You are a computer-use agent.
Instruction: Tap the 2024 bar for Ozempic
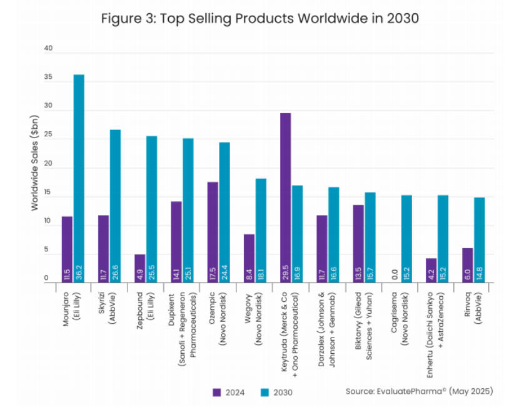(x=213, y=232)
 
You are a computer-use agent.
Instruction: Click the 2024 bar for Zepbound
(x=140, y=268)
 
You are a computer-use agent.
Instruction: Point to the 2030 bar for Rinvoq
(x=479, y=240)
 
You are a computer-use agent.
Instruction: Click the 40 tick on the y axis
(x=48, y=49)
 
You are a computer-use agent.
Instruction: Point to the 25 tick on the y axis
(x=48, y=139)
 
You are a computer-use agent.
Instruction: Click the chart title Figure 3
(x=259, y=18)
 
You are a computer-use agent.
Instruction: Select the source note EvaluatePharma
(x=419, y=391)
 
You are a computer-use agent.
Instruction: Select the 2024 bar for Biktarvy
(x=358, y=243)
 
